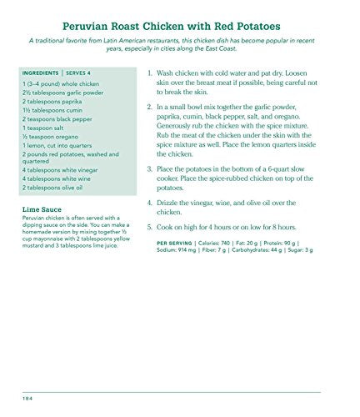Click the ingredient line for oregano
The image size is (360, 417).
tap(52, 138)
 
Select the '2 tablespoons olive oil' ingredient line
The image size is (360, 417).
tap(59, 188)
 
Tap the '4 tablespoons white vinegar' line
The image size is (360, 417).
tap(65, 169)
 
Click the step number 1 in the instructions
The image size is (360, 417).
tap(150, 73)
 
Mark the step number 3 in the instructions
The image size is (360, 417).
tap(150, 169)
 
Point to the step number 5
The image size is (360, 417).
tap(150, 227)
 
